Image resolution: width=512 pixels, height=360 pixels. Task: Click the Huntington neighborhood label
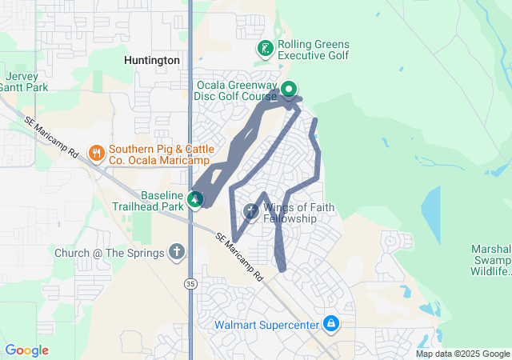point(151,59)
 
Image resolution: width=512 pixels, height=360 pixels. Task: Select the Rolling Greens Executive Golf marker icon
point(265,50)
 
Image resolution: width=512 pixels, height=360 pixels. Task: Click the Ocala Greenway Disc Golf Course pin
point(289,89)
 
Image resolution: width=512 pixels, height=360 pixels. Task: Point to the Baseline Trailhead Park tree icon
point(194,198)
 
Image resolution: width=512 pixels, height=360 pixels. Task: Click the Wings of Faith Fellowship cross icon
point(250,212)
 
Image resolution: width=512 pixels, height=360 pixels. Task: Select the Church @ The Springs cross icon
point(176,253)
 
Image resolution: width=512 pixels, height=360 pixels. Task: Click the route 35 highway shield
point(190,283)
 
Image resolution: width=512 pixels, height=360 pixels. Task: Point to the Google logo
point(26,350)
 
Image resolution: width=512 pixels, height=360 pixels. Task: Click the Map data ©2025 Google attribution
point(462,354)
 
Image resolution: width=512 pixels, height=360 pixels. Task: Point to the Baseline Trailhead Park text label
point(162,201)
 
